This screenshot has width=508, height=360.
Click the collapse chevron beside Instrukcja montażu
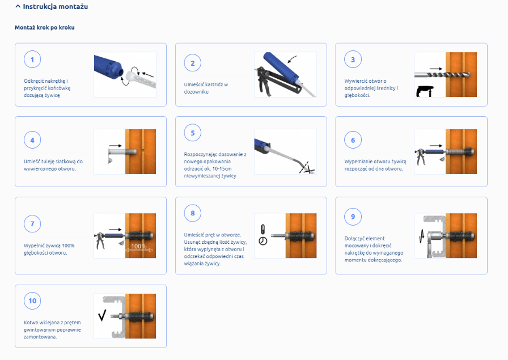click(x=18, y=6)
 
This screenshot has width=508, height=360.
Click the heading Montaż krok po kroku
click(x=45, y=28)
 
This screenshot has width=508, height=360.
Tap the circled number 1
click(x=32, y=60)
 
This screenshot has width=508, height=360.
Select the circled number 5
click(x=192, y=133)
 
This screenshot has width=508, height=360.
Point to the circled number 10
click(x=32, y=300)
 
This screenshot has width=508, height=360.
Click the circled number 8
click(x=192, y=213)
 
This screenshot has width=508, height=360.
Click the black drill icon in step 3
click(x=425, y=91)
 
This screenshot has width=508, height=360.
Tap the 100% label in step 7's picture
click(x=139, y=246)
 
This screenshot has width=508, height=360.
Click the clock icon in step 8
click(x=263, y=241)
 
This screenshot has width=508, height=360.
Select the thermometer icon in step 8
click(x=263, y=230)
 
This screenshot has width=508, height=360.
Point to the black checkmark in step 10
click(x=102, y=315)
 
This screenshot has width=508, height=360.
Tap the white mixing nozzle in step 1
click(x=142, y=78)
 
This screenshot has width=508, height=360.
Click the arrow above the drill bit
click(x=436, y=69)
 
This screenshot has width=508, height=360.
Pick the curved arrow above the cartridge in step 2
click(x=293, y=59)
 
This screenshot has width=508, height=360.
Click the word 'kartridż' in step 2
click(x=214, y=84)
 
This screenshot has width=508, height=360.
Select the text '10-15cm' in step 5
click(x=222, y=169)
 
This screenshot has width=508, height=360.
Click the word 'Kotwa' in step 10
click(x=31, y=323)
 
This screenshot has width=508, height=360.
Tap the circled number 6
click(x=353, y=140)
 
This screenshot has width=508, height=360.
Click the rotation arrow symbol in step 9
click(x=421, y=236)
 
